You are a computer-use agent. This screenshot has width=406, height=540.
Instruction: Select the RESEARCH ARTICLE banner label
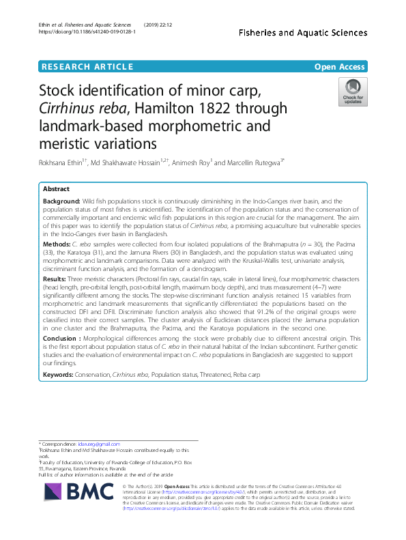87,66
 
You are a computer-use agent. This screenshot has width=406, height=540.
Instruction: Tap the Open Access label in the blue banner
339,66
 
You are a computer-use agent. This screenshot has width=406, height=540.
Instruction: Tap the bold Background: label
61,202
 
